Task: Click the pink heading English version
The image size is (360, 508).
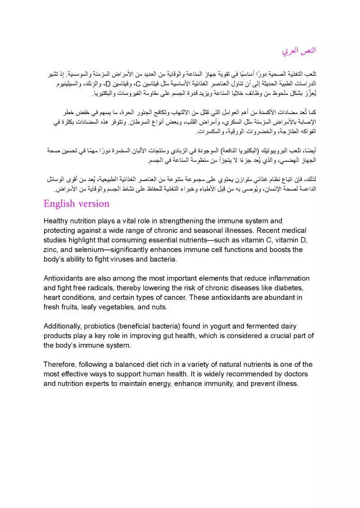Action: (x=76, y=204)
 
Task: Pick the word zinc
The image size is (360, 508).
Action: (x=51, y=250)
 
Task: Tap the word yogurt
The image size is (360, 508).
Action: (x=212, y=326)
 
